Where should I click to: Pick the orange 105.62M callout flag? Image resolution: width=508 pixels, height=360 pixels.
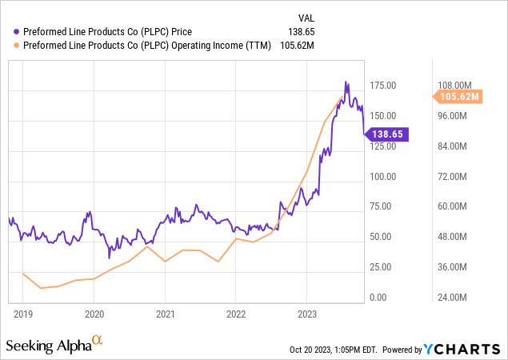459,97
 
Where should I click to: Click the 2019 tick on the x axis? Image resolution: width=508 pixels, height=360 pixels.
23,314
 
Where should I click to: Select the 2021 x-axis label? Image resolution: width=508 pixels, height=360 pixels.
165,314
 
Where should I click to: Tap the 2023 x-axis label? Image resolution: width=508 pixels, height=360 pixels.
307,314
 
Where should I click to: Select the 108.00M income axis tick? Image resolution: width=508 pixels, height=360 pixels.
458,86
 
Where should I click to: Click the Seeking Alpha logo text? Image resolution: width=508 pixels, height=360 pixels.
48,346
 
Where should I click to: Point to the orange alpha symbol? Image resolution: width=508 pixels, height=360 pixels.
98,341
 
